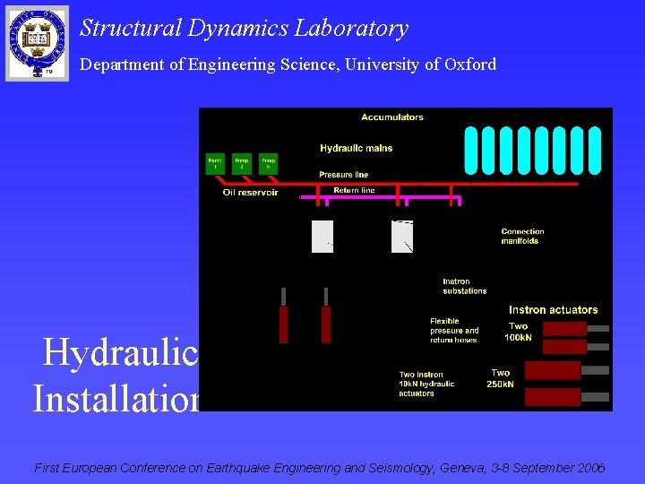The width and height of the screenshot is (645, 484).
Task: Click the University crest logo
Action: pyautogui.click(x=37, y=42)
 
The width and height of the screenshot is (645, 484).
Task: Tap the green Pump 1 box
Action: pyautogui.click(x=215, y=164)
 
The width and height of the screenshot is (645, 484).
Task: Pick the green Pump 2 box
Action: pyautogui.click(x=242, y=164)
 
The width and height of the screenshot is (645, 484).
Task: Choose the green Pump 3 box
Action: pyautogui.click(x=268, y=164)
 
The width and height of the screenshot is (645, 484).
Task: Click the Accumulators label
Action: pyautogui.click(x=392, y=117)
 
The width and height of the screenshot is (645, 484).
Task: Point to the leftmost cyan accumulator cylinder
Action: pyautogui.click(x=471, y=149)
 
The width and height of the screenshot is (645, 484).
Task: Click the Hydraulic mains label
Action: pyautogui.click(x=356, y=148)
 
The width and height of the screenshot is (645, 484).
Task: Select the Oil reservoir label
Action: pyautogui.click(x=250, y=193)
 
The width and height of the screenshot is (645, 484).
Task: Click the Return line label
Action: pyautogui.click(x=354, y=190)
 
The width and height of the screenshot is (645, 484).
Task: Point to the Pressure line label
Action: pyautogui.click(x=343, y=174)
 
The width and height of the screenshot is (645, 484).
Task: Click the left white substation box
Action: pyautogui.click(x=322, y=237)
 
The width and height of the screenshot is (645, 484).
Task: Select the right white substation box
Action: pyautogui.click(x=402, y=237)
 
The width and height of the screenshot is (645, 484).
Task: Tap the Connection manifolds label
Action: pyautogui.click(x=522, y=236)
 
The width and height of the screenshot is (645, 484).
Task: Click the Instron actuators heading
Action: pyautogui.click(x=553, y=310)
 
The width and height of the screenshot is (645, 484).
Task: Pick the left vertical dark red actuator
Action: pyautogui.click(x=284, y=324)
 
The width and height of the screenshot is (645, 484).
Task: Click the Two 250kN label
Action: pyautogui.click(x=502, y=378)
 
